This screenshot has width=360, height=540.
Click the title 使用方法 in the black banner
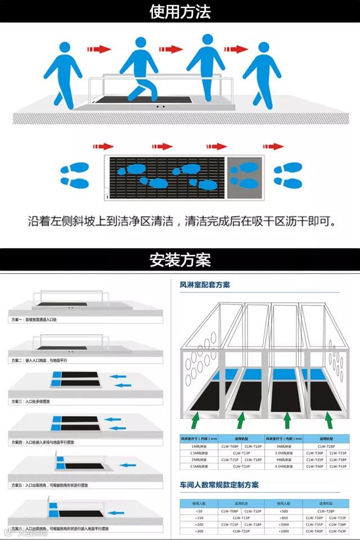point(180,12)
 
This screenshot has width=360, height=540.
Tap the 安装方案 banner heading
point(180,260)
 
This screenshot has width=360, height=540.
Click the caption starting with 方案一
point(34,319)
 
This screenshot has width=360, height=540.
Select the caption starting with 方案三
point(31,402)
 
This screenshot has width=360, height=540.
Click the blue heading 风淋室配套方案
point(205,285)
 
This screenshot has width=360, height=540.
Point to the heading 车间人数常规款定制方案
point(219,485)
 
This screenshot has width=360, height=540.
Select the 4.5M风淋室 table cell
point(284,466)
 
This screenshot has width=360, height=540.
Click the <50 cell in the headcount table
point(197,511)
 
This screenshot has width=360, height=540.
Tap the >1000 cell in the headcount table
point(284,531)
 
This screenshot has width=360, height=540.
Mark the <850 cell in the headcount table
point(284,517)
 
